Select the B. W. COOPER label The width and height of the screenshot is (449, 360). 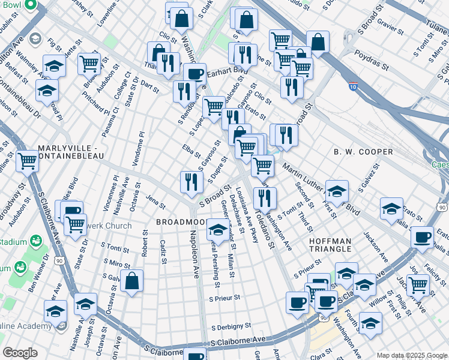[x=363, y=152]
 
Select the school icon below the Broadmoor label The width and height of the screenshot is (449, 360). [x=217, y=229]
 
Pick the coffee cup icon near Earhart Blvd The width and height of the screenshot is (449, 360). [x=194, y=74]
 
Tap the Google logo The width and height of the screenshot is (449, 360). [x=20, y=353]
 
